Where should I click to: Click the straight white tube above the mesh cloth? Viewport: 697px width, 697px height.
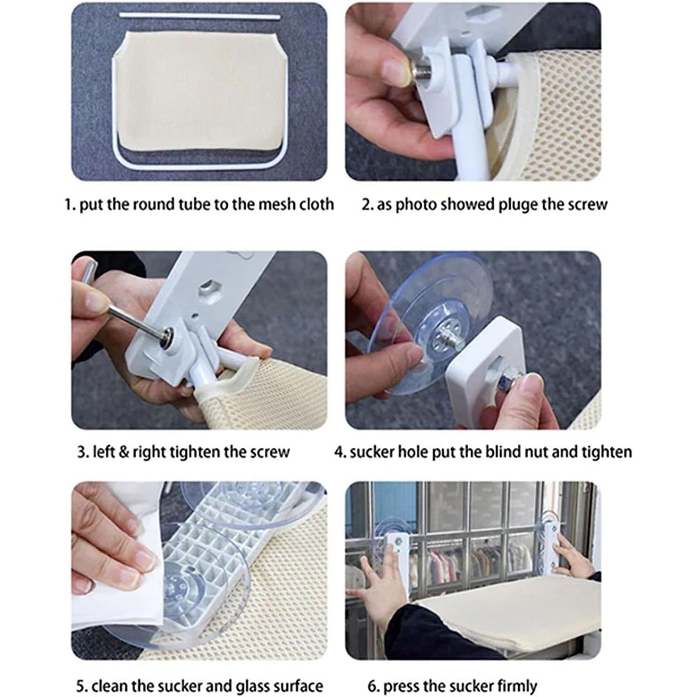200,16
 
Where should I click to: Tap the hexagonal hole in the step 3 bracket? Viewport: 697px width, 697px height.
209,290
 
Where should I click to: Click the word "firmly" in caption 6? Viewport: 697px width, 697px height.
515,666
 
